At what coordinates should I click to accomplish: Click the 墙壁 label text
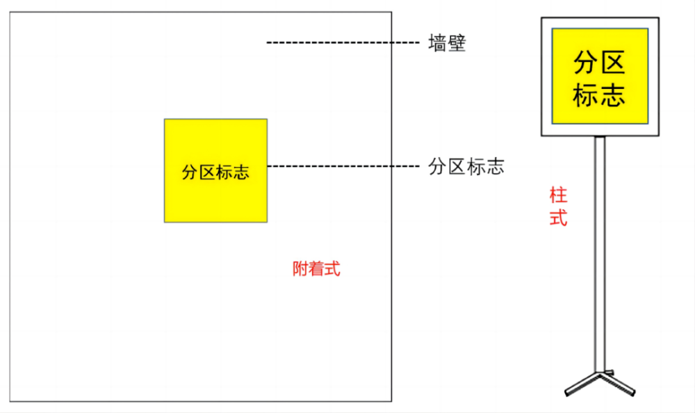tap(447, 44)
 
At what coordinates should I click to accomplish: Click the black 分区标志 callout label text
tap(466, 167)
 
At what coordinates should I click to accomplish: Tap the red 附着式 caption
tap(317, 269)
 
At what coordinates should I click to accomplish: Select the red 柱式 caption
tap(558, 206)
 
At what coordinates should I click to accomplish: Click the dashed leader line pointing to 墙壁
tap(341, 43)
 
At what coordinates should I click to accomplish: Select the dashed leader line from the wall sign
tap(341, 166)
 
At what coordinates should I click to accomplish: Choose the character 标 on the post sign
tap(585, 95)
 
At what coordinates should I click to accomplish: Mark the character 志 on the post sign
tap(614, 95)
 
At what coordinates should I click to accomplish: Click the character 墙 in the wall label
tap(438, 44)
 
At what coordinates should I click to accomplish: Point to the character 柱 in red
tap(558, 193)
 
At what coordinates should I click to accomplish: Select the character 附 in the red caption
tap(301, 269)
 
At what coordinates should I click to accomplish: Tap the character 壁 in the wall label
tap(457, 44)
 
